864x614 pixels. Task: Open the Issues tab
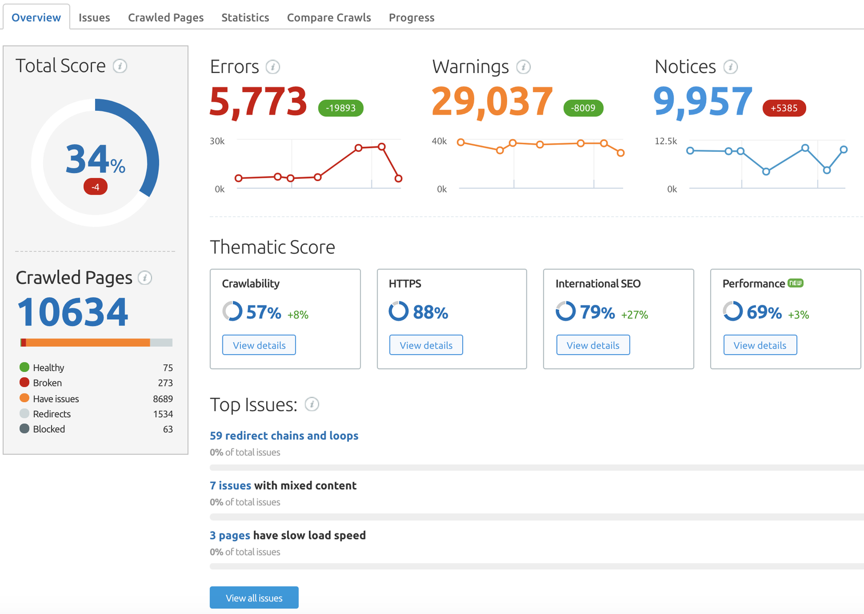pyautogui.click(x=94, y=17)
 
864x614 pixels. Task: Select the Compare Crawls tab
pyautogui.click(x=329, y=17)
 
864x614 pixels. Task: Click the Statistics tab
pyautogui.click(x=245, y=17)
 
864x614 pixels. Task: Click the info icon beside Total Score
pyautogui.click(x=120, y=66)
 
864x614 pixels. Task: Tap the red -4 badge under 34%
pyautogui.click(x=95, y=187)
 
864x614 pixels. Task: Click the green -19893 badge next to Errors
pyautogui.click(x=341, y=108)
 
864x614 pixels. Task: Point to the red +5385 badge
pyautogui.click(x=784, y=108)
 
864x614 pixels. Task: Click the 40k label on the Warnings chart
pyautogui.click(x=439, y=141)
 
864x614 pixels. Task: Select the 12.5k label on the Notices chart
pyautogui.click(x=665, y=141)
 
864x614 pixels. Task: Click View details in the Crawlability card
pyautogui.click(x=259, y=345)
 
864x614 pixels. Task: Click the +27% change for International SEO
pyautogui.click(x=634, y=315)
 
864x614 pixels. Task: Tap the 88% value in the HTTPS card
pyautogui.click(x=430, y=312)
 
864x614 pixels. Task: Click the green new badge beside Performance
pyautogui.click(x=795, y=283)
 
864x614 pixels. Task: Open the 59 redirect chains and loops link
pyautogui.click(x=284, y=436)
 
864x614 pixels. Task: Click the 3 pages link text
pyautogui.click(x=230, y=535)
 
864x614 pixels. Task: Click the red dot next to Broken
pyautogui.click(x=24, y=383)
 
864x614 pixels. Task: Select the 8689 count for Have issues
pyautogui.click(x=163, y=399)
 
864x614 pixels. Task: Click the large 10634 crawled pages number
pyautogui.click(x=73, y=312)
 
